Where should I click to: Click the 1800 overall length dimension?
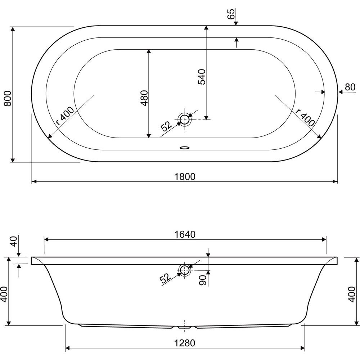185,176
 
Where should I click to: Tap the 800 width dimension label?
8,99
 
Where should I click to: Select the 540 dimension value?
202,77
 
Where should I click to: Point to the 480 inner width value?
144,98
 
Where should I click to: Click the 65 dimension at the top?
231,14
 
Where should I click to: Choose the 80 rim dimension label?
350,87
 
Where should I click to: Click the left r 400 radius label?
65,116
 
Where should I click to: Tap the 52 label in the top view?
166,126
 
